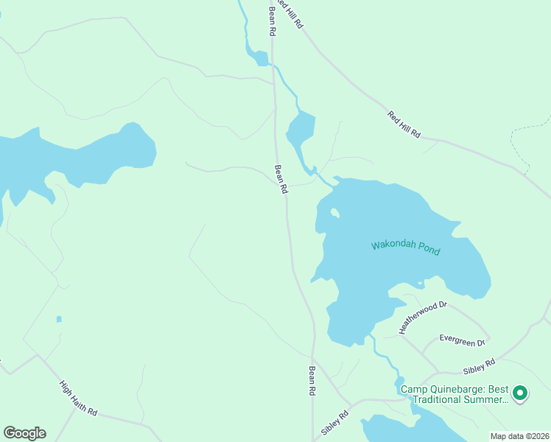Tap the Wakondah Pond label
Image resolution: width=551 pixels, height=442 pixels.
click(x=405, y=248)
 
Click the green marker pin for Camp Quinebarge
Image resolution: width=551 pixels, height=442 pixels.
click(x=520, y=393)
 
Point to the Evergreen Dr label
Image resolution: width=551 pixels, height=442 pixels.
click(x=462, y=340)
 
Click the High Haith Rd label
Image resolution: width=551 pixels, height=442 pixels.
click(x=78, y=398)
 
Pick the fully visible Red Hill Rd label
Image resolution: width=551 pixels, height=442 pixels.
click(x=404, y=124)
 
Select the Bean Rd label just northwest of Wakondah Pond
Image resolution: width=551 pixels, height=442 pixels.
click(x=281, y=179)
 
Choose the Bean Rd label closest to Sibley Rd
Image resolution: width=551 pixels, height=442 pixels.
click(x=312, y=382)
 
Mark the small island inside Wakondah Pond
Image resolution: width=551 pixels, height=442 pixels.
click(x=334, y=213)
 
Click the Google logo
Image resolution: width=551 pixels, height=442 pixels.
click(x=24, y=433)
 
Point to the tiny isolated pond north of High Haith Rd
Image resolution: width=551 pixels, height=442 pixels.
click(x=59, y=319)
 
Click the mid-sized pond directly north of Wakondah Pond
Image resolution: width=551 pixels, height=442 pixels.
click(x=301, y=128)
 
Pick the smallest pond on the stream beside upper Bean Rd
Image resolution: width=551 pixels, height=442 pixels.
click(x=261, y=57)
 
